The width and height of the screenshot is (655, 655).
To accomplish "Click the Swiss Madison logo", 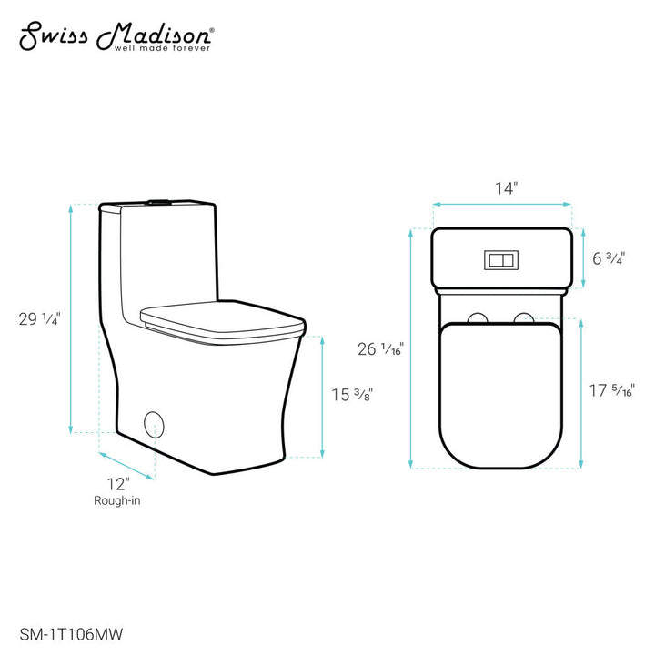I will pyautogui.click(x=116, y=35).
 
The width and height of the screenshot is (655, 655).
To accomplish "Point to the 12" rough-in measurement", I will pyautogui.click(x=116, y=482).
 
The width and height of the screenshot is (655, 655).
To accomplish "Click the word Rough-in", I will pyautogui.click(x=116, y=500).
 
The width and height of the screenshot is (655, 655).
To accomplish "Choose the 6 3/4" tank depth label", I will pyautogui.click(x=608, y=258).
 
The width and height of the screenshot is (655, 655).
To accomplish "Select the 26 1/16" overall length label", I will pyautogui.click(x=379, y=348).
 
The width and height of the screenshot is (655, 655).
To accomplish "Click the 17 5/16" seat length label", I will pyautogui.click(x=611, y=391).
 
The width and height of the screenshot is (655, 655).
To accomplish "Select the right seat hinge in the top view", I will pyautogui.click(x=523, y=318).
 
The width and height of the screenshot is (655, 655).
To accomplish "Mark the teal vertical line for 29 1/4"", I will pyautogui.click(x=71, y=318).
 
